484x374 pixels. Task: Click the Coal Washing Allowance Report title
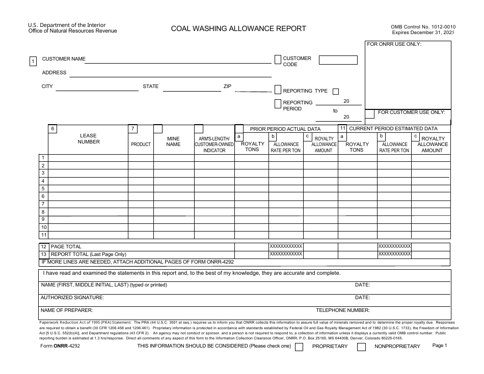238,28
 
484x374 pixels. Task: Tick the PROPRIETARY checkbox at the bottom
299,347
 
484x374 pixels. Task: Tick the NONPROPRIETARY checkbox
361,347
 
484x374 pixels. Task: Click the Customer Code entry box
338,60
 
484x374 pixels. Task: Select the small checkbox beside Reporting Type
335,92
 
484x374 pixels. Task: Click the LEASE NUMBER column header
89,139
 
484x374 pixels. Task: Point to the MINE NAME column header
173,141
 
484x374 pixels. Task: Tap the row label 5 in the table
43,189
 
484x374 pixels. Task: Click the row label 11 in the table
43,235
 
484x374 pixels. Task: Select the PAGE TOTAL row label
66,247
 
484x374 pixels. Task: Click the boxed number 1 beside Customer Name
33,62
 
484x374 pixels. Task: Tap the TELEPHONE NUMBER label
342,310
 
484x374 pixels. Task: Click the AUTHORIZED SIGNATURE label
72,298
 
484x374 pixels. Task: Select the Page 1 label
439,346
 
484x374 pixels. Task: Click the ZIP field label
227,87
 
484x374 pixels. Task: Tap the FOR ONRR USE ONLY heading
394,44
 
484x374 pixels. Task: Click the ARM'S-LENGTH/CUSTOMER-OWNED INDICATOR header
214,145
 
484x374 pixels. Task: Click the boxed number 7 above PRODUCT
132,129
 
